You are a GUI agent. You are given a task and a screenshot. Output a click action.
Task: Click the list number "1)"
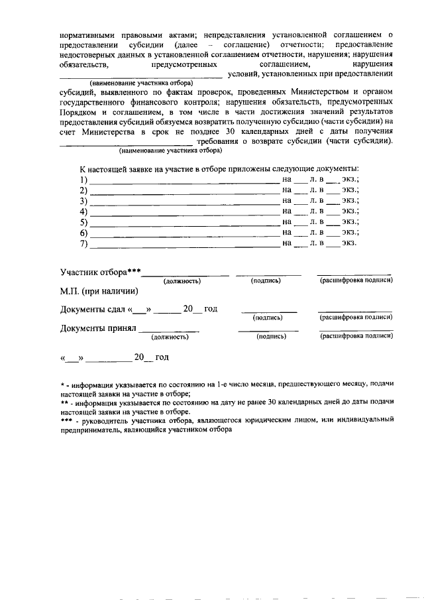pyautogui.click(x=83, y=180)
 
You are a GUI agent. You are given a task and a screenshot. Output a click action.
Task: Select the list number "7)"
pyautogui.click(x=83, y=244)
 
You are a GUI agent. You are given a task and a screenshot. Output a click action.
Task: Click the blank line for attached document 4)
pyautogui.click(x=184, y=212)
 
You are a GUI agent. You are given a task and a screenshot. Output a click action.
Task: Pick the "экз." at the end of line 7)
pyautogui.click(x=349, y=243)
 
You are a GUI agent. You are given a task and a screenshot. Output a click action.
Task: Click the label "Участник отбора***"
pyautogui.click(x=101, y=272)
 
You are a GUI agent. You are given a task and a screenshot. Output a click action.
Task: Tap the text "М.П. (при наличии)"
pyautogui.click(x=99, y=291)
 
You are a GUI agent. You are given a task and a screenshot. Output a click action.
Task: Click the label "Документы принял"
pyautogui.click(x=98, y=328)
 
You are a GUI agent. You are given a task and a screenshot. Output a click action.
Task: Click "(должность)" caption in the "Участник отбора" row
pyautogui.click(x=182, y=281)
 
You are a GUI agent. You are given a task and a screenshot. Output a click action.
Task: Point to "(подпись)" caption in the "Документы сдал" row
pyautogui.click(x=268, y=318)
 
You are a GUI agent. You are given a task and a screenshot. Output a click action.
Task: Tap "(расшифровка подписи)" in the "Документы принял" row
pyautogui.click(x=356, y=337)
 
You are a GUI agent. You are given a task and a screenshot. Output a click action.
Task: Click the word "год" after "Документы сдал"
pyautogui.click(x=211, y=310)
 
